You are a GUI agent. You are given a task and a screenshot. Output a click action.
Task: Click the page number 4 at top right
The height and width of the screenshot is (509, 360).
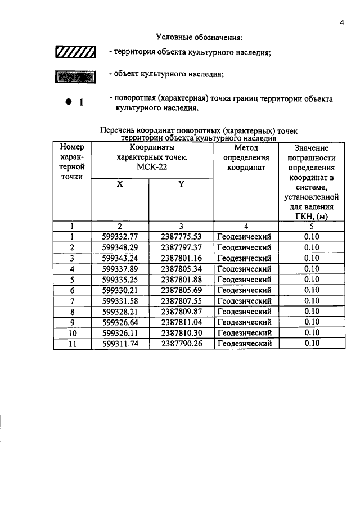[x=341, y=23]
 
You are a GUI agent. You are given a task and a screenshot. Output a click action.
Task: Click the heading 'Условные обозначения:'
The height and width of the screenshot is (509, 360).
[x=199, y=37]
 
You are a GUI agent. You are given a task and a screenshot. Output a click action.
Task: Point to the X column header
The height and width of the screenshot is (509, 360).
[x=120, y=184]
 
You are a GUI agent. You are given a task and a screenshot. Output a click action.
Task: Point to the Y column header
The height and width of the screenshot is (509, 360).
[x=182, y=184]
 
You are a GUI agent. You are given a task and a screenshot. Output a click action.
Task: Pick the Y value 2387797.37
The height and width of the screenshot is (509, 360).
[x=181, y=247]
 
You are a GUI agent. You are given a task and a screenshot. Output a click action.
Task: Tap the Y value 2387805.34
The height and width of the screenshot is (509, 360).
[x=181, y=269]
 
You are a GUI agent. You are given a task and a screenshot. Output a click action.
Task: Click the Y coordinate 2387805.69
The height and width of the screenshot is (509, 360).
[x=181, y=290]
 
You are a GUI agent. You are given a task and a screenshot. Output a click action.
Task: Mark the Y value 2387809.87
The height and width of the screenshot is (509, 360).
[x=181, y=312]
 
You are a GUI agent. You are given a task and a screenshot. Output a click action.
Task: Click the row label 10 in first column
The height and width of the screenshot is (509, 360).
[x=72, y=333]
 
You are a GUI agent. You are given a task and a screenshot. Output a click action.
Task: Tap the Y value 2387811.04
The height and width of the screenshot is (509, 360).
[x=181, y=322]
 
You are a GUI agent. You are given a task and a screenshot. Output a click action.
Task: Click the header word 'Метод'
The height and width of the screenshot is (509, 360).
[x=246, y=148]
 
